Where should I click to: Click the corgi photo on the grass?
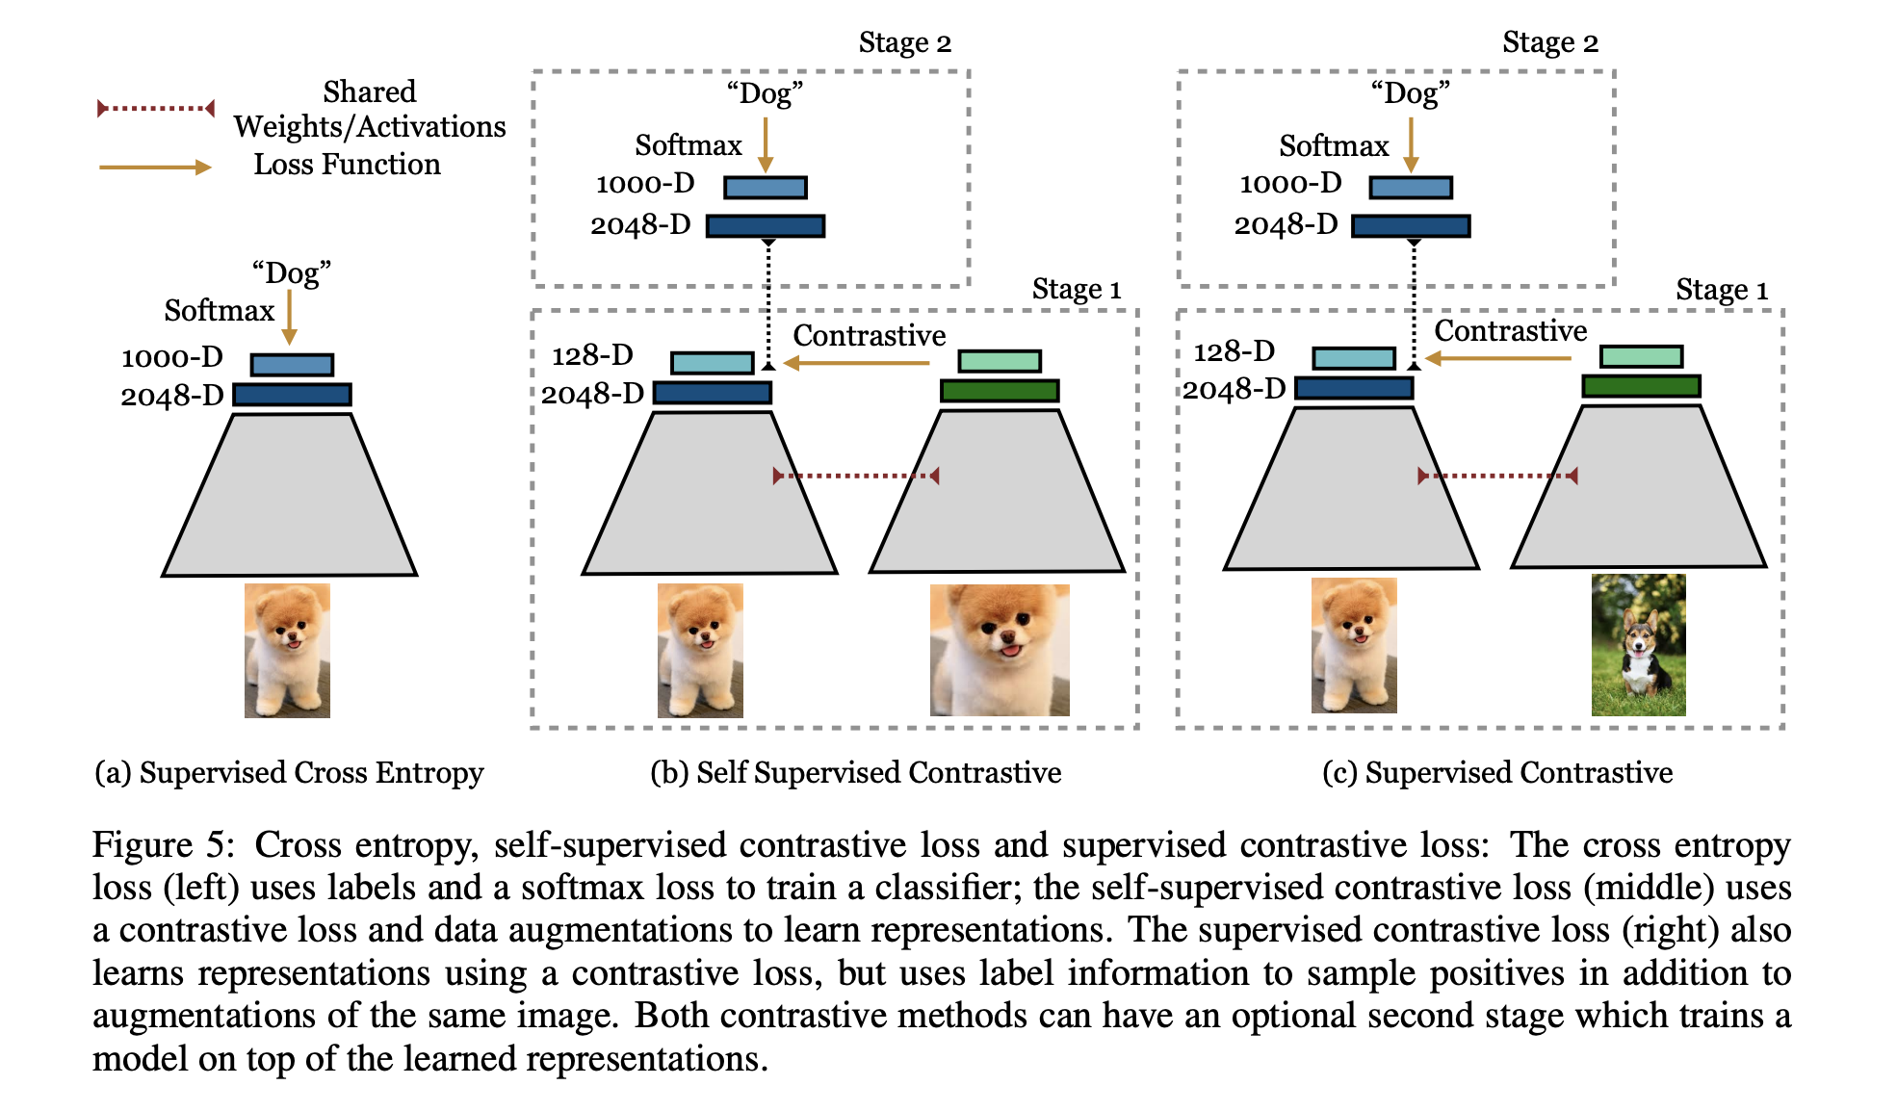coord(1638,645)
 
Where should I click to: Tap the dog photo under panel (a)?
coord(287,650)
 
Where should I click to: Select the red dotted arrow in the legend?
coord(156,108)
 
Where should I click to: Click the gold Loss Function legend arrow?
coord(155,168)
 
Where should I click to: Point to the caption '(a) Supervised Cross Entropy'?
coord(289,772)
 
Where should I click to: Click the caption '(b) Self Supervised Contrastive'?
coord(855,772)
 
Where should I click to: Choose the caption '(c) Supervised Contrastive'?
coord(1497,772)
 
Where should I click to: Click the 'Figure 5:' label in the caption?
coord(163,845)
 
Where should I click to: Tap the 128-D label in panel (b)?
coord(592,355)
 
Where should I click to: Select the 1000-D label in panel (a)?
coord(172,357)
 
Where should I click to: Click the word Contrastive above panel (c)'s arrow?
coord(1510,331)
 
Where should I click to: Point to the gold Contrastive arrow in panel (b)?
coord(856,363)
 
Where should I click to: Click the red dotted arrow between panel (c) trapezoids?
coord(1497,476)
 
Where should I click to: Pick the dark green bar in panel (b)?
coord(1000,391)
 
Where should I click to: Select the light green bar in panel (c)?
coord(1641,356)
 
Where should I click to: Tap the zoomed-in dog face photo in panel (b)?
coord(1000,650)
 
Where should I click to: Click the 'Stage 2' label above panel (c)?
coord(1549,42)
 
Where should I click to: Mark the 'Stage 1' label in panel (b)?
coord(1076,289)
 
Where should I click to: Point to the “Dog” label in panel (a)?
coord(291,273)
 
